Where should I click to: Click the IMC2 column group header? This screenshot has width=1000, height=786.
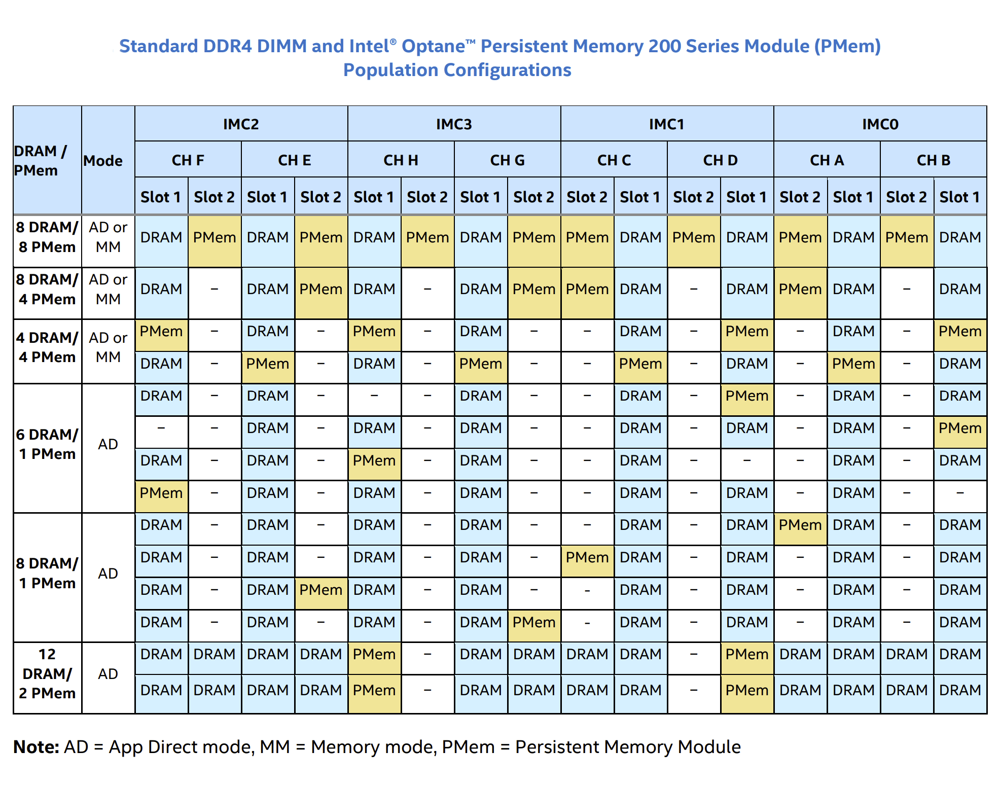tap(241, 124)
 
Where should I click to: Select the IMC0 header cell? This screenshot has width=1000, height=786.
tap(880, 124)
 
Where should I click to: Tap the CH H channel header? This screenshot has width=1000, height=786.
tap(401, 160)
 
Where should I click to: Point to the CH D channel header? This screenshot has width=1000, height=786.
tap(720, 160)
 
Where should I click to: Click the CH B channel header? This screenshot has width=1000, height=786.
tap(933, 160)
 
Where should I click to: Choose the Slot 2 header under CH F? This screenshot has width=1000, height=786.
tap(214, 197)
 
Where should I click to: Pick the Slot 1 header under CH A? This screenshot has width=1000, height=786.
tap(853, 197)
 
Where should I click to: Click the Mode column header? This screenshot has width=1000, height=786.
tap(103, 161)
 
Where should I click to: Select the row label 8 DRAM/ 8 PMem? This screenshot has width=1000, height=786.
tap(47, 237)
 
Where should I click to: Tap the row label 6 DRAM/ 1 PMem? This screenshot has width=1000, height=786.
tap(47, 444)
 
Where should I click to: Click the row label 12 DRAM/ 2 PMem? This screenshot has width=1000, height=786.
tap(47, 673)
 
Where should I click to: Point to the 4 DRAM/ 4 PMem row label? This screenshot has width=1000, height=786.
tap(47, 347)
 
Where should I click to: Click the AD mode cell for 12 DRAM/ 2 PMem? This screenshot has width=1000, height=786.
tap(108, 674)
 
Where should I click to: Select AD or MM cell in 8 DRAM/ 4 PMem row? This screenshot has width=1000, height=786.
tap(108, 289)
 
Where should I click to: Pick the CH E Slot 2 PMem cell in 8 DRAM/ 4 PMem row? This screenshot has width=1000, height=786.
tap(320, 289)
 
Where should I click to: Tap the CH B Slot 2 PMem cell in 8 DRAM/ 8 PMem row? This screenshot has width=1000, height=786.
tap(906, 237)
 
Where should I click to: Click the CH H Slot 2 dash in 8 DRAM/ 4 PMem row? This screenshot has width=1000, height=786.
tap(427, 289)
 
